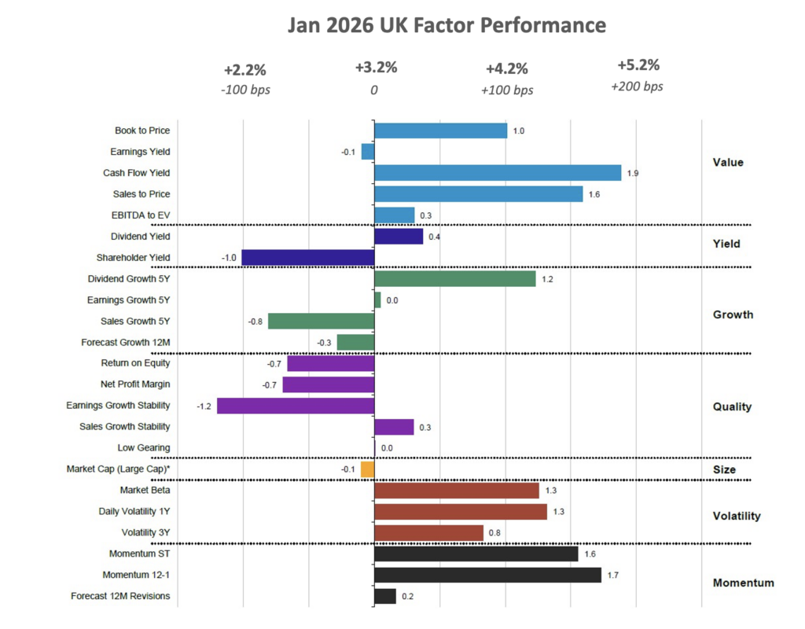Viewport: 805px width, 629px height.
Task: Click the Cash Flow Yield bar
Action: (x=498, y=173)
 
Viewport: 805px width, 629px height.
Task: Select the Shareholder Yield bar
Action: (x=308, y=257)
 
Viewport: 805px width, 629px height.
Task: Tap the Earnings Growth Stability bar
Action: (x=296, y=406)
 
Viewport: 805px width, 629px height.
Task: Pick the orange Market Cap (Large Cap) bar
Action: (x=367, y=469)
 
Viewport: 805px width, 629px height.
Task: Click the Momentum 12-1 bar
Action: (x=487, y=576)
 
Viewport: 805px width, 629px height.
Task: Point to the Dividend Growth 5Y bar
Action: (x=454, y=278)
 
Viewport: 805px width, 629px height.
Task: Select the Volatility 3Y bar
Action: (x=428, y=533)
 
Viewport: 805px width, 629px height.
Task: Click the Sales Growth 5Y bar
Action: (x=321, y=321)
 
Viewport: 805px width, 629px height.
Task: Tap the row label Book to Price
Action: (x=142, y=131)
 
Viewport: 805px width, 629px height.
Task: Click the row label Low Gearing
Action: (x=144, y=448)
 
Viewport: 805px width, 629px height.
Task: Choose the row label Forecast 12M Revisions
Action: (x=120, y=596)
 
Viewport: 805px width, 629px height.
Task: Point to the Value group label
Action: (x=727, y=163)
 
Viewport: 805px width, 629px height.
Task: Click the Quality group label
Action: (x=732, y=406)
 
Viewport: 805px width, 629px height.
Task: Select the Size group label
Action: (x=724, y=470)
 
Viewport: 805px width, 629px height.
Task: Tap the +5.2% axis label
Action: (x=638, y=65)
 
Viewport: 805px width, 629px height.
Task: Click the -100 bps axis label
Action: (x=245, y=90)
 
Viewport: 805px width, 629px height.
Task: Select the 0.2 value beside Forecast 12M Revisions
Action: (x=407, y=597)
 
